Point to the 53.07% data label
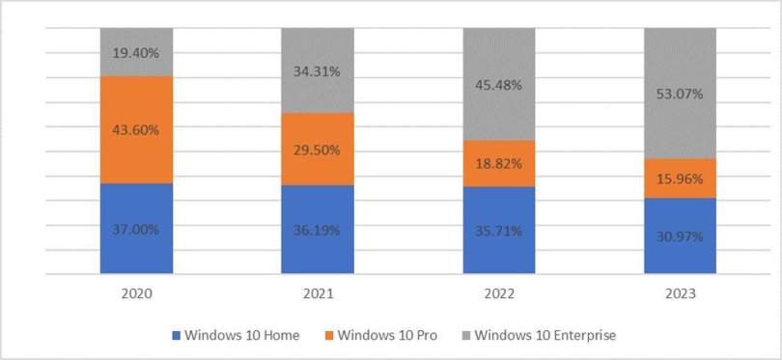coord(680,94)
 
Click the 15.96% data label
coord(680,179)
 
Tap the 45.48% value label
coord(499,85)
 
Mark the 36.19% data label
coord(318,231)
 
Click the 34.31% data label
coord(318,70)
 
